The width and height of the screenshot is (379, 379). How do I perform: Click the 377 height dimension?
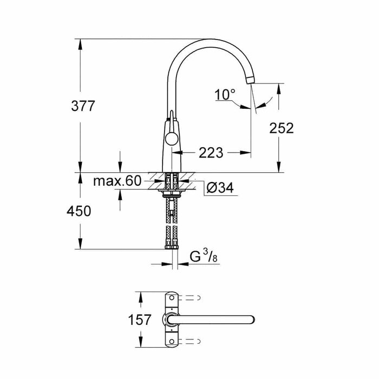pyautogui.click(x=82, y=106)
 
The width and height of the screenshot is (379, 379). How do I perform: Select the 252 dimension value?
pyautogui.click(x=281, y=128)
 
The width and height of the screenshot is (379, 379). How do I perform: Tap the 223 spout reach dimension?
pyautogui.click(x=211, y=153)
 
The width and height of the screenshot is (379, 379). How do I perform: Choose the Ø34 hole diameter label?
pyautogui.click(x=220, y=188)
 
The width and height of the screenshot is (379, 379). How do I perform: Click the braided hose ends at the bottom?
pyautogui.click(x=172, y=246)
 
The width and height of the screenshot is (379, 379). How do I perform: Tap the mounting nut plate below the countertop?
pyautogui.click(x=171, y=191)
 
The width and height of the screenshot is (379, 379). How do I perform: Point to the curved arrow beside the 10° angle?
pyautogui.click(x=265, y=101)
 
